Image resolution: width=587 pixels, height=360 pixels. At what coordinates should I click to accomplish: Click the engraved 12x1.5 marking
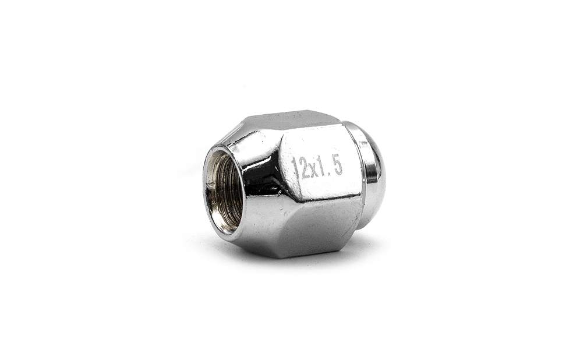(316, 166)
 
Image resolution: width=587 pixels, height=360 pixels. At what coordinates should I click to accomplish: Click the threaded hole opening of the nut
(224, 190)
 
